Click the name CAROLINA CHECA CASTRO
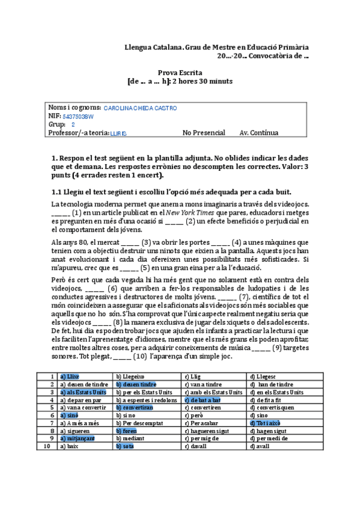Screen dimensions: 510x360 [141, 108]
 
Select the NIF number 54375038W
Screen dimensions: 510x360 [78, 117]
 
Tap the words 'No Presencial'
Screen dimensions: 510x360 [204, 133]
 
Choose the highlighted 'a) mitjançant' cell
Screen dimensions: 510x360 [78, 438]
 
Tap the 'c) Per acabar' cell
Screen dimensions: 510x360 [201, 423]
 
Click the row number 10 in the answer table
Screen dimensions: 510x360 [47, 447]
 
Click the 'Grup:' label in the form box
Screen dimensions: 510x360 [56, 124]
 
